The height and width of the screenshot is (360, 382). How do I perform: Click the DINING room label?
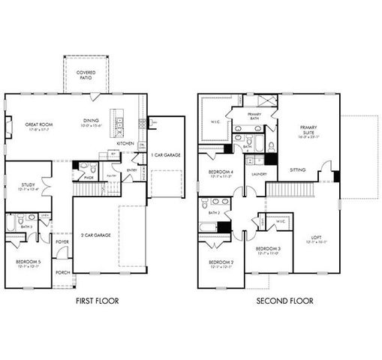pyautogui.click(x=92, y=121)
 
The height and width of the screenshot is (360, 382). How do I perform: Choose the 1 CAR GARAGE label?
pyautogui.click(x=165, y=154)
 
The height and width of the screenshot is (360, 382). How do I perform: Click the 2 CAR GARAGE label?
pyautogui.click(x=96, y=235)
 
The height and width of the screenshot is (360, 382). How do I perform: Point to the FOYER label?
pyautogui.click(x=62, y=241)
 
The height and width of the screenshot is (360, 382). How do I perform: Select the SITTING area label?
pyautogui.click(x=297, y=170)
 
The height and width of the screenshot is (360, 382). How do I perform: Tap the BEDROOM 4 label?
pyautogui.click(x=220, y=174)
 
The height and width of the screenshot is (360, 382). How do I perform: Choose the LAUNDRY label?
pyautogui.click(x=260, y=174)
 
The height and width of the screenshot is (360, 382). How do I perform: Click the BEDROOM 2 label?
pyautogui.click(x=221, y=263)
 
